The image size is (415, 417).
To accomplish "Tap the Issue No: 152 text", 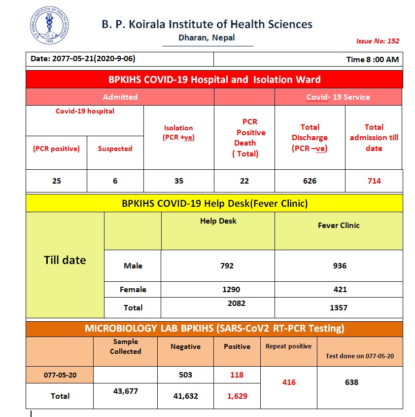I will point(378,41).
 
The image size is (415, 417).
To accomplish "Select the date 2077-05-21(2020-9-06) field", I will point(83,59).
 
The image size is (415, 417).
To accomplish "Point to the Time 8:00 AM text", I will point(373,59).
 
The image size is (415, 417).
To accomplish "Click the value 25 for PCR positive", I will point(57,181).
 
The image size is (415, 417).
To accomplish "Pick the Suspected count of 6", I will point(115,181).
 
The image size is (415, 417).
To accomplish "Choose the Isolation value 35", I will point(178,181).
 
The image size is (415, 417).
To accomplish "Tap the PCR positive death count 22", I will point(244,181).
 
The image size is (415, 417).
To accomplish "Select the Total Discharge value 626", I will point(310,181).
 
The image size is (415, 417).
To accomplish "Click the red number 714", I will point(374,181).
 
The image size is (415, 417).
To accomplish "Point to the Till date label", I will point(65,260).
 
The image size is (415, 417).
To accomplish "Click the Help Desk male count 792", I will point(227,266).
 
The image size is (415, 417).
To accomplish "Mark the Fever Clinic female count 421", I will point(340,290).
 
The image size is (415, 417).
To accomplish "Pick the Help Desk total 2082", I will point(237,303).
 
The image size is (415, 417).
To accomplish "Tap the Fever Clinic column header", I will point(339,226).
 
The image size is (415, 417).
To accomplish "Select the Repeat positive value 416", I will point(289,382).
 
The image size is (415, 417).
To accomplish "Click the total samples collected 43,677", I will point(126,391).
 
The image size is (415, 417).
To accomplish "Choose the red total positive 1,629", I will point(237,396).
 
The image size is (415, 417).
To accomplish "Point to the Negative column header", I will point(185,346).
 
